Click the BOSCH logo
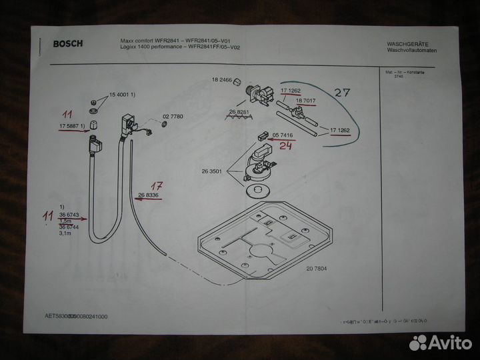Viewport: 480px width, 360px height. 67,44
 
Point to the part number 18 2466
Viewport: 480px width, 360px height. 221,80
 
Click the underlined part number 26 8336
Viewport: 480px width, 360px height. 148,195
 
